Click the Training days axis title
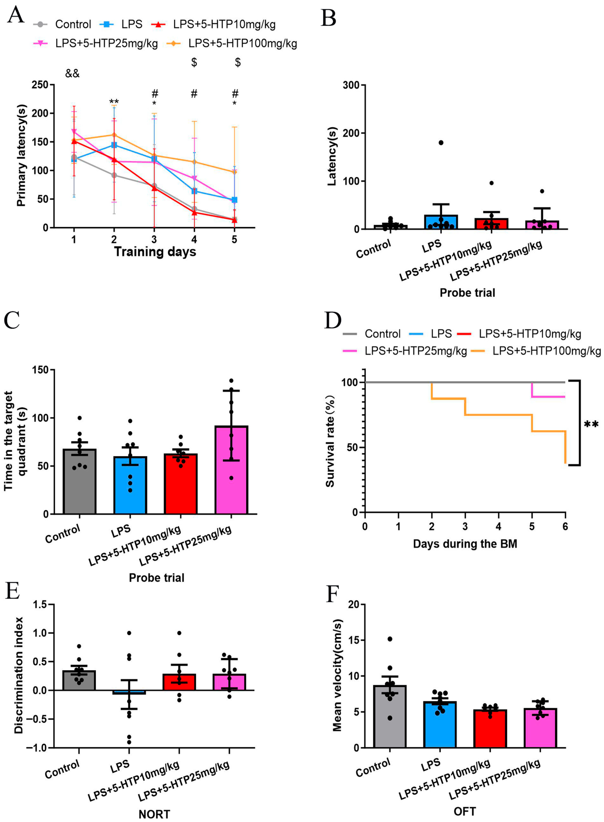(x=155, y=252)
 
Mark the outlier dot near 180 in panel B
(x=441, y=142)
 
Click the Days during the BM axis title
(x=465, y=544)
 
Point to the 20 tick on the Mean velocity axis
(x=353, y=605)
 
